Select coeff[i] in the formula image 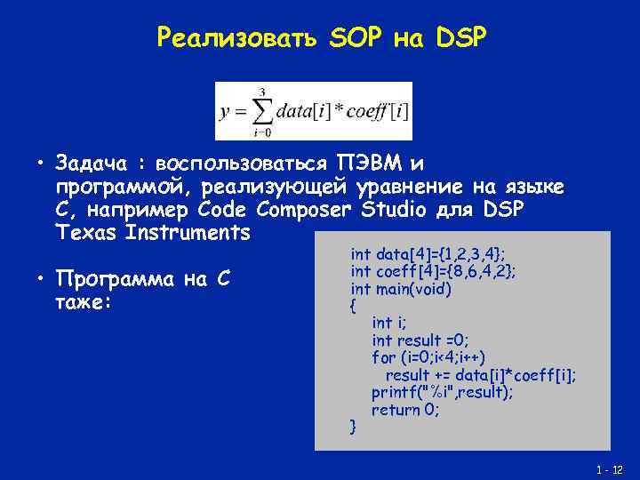[375, 113]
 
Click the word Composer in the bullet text [307, 210]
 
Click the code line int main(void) [401, 289]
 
